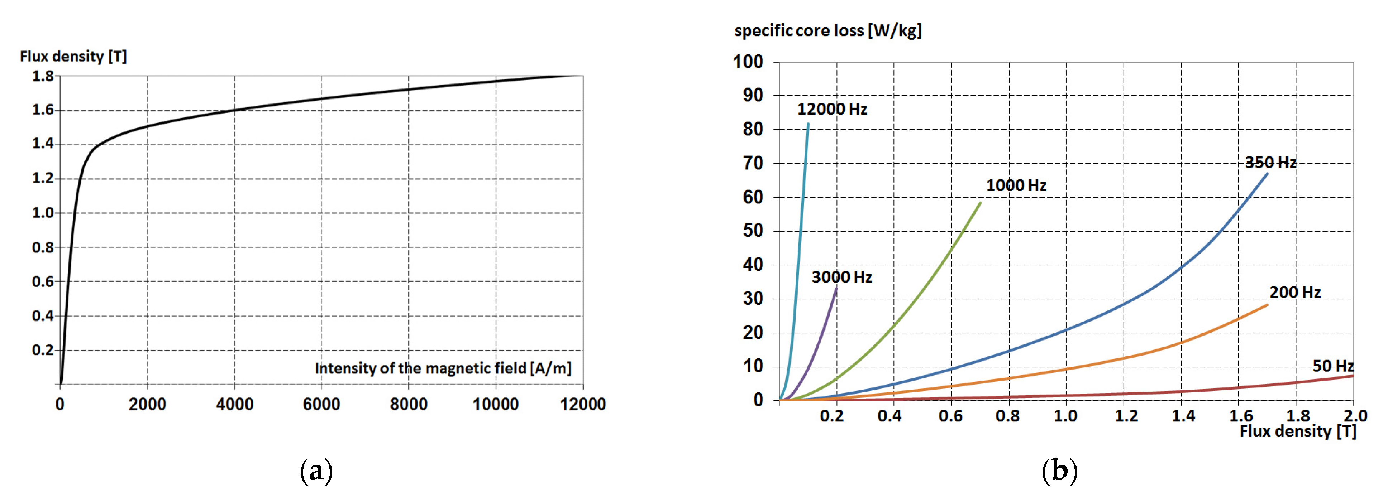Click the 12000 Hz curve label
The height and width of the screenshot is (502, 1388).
[x=832, y=109]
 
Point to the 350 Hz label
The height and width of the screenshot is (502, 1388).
[x=1270, y=163]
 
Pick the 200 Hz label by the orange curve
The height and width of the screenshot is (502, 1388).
[x=1295, y=293]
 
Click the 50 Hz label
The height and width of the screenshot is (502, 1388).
[x=1332, y=366]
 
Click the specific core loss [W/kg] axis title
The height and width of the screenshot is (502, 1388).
[x=827, y=31]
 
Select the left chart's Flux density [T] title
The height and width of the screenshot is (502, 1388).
[x=73, y=57]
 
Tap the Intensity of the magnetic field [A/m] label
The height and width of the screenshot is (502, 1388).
[x=443, y=368]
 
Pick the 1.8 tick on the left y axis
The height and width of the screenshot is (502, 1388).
[x=43, y=77]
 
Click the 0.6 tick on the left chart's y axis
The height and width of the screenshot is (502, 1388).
[x=43, y=282]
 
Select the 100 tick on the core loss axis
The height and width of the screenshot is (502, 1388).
[x=748, y=62]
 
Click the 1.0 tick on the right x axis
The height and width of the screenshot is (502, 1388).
[x=1065, y=416]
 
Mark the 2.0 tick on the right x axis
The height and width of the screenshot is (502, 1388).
[x=1355, y=416]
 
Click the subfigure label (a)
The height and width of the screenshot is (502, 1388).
[x=316, y=471]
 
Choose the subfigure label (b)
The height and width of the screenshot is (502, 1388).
[x=1059, y=471]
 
